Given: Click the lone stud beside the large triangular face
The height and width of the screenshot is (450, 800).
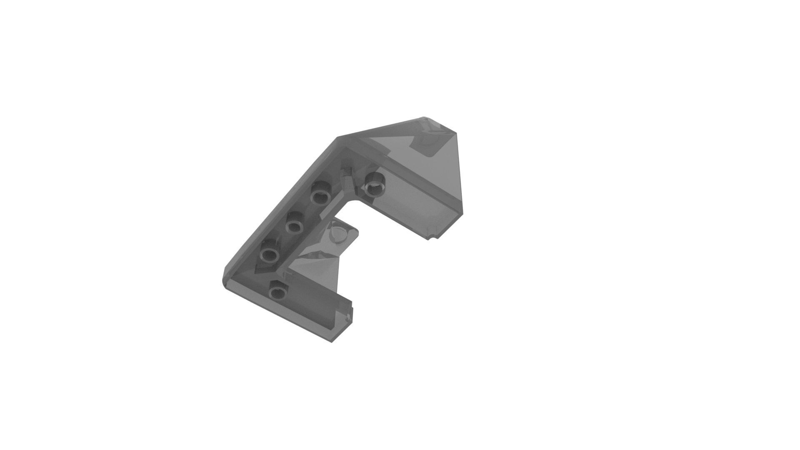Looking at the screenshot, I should [374, 184].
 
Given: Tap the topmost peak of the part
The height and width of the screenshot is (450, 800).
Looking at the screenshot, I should [424, 118].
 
